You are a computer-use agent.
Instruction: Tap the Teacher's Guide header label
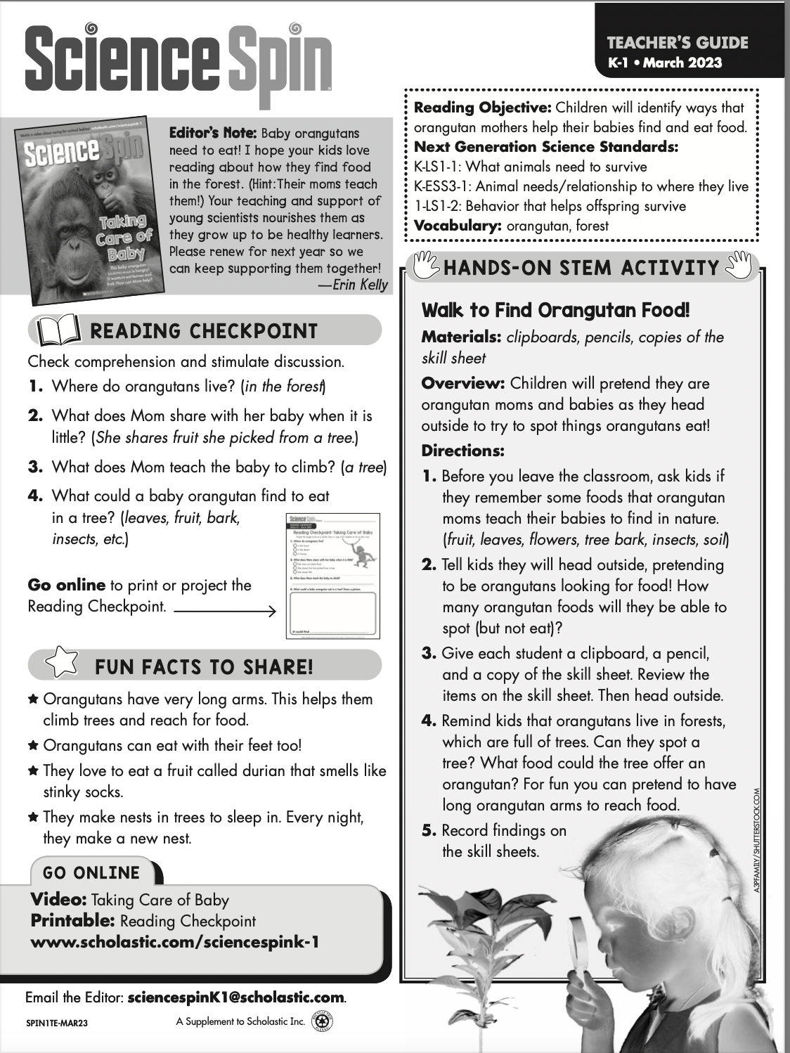coord(678,42)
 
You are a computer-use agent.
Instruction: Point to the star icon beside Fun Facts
coord(61,664)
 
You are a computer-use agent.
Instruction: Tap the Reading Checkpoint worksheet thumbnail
coord(333,576)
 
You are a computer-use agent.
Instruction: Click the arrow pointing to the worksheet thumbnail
coord(225,611)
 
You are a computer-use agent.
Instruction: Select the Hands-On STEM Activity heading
coord(581,268)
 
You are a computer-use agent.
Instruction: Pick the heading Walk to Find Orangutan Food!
coord(555,310)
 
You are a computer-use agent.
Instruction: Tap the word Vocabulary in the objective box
coord(457,226)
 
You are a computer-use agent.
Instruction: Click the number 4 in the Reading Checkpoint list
coord(35,496)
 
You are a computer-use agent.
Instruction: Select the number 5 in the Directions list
coord(429,830)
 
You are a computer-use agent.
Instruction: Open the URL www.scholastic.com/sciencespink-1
coord(175,942)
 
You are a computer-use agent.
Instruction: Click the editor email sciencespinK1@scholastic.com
coord(236,997)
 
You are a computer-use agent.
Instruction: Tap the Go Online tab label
coord(91,873)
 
